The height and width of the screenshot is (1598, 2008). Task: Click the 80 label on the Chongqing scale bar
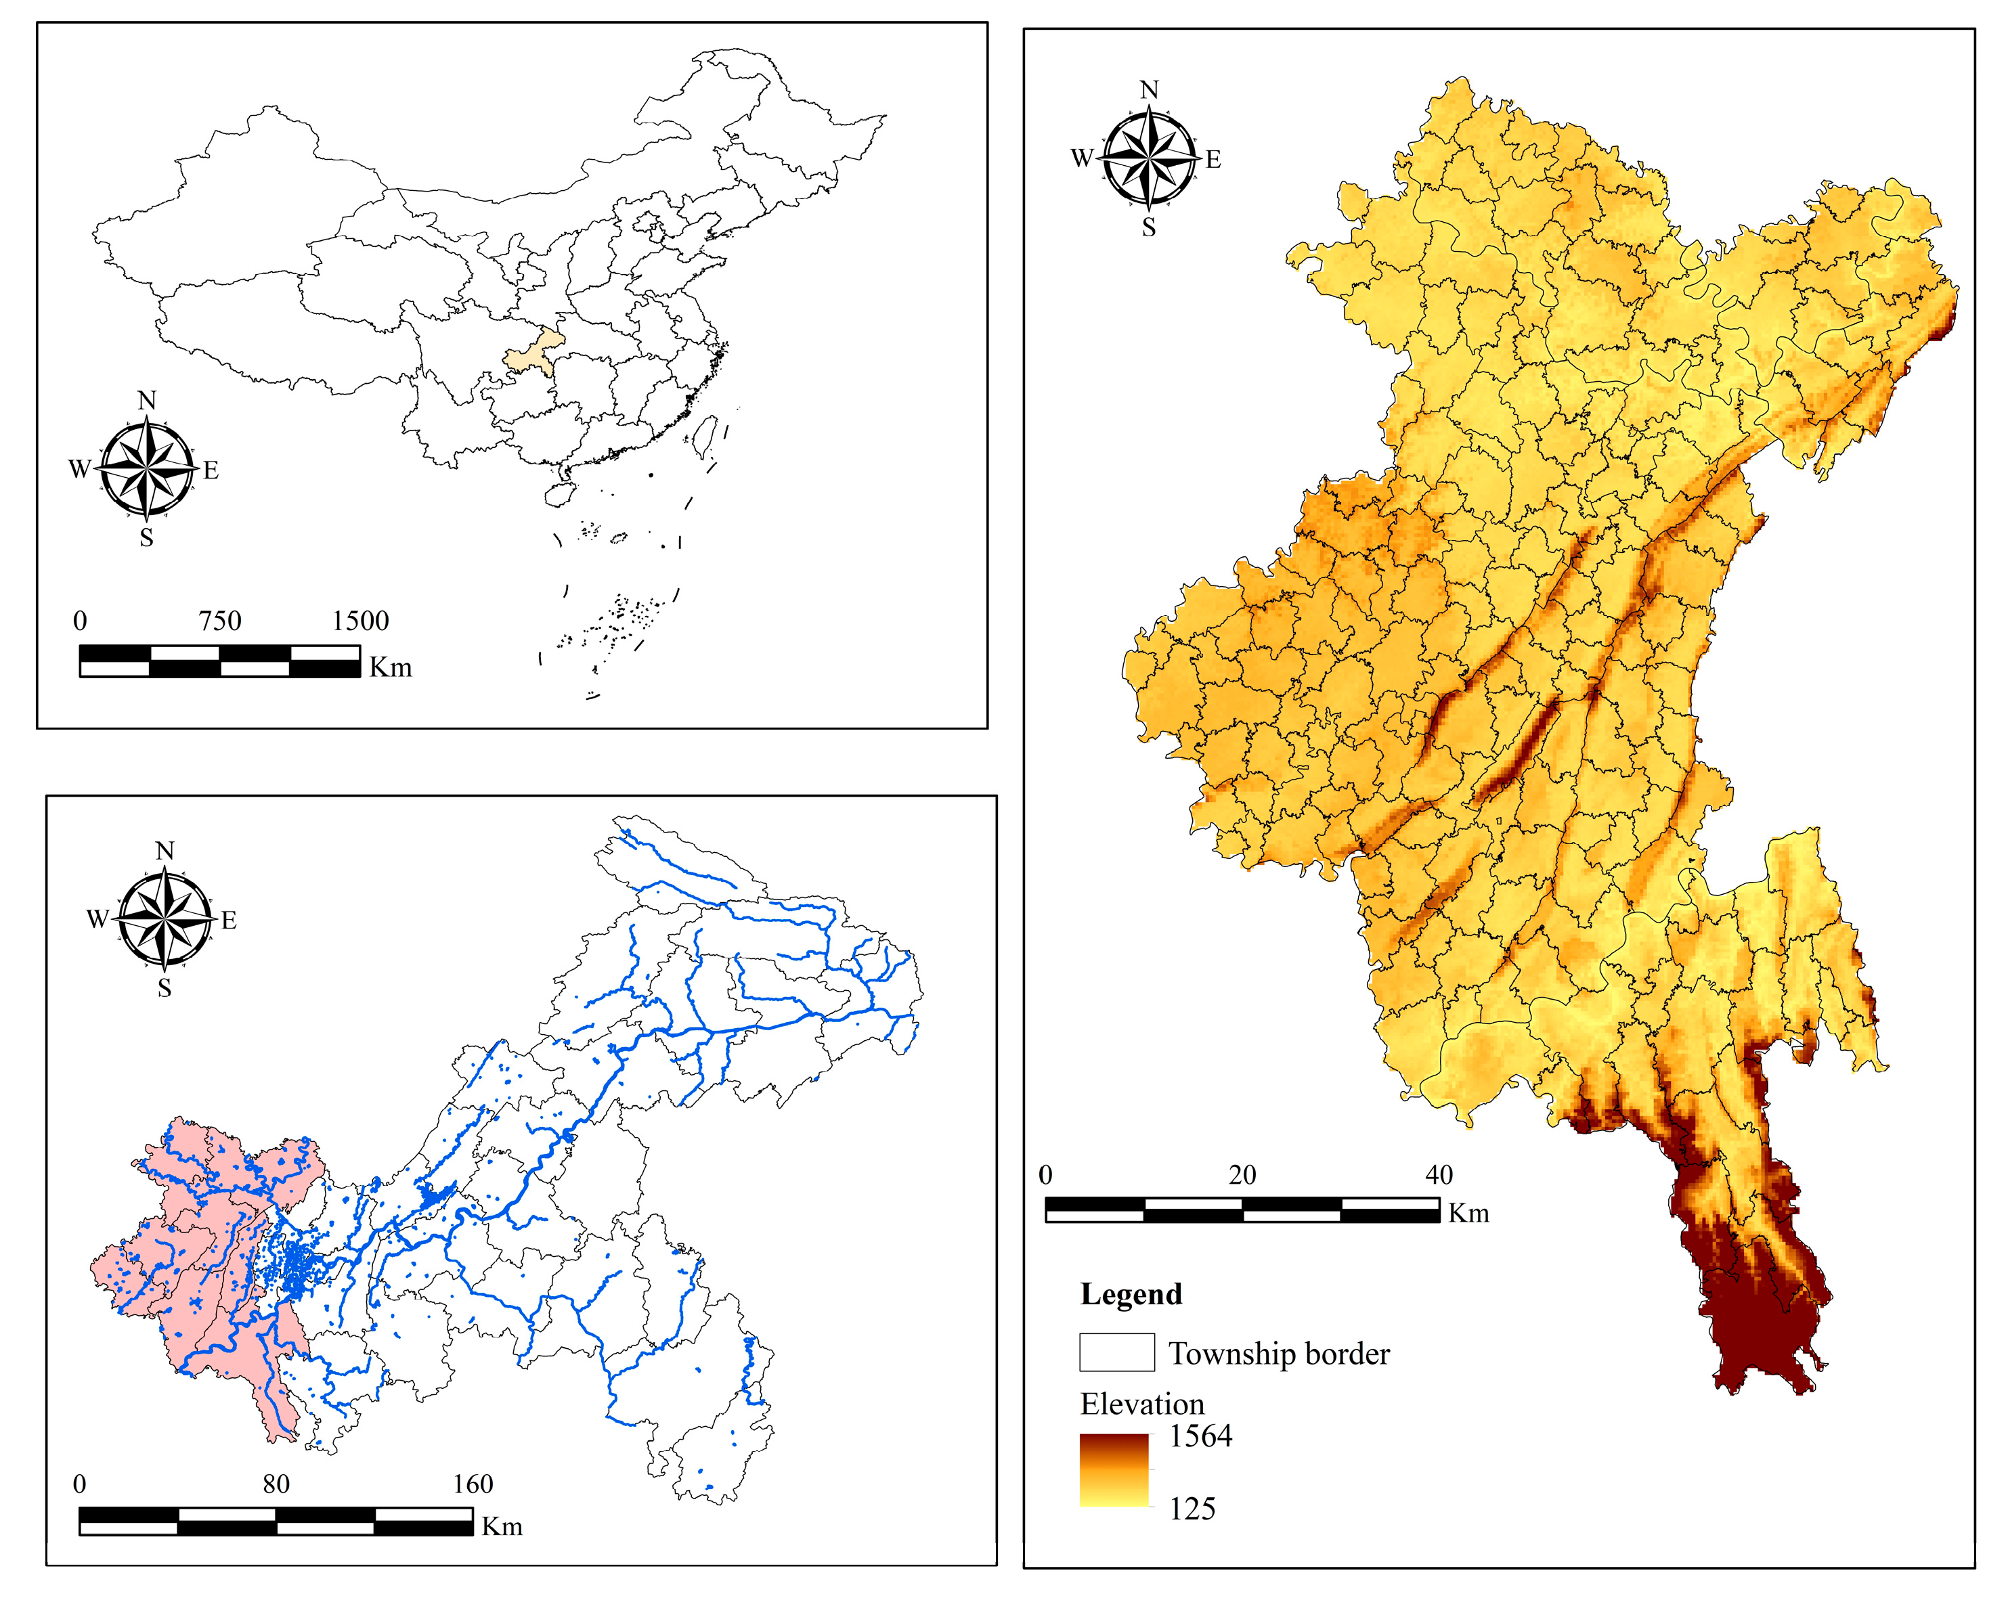pyautogui.click(x=276, y=1484)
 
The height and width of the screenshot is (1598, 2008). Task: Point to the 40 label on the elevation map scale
pyautogui.click(x=1438, y=1174)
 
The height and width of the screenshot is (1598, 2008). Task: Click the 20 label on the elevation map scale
pyautogui.click(x=1242, y=1174)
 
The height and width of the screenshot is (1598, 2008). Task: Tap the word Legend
pyautogui.click(x=1131, y=1293)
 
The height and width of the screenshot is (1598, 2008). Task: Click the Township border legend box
pyautogui.click(x=1116, y=1352)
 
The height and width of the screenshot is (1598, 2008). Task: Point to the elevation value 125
pyautogui.click(x=1192, y=1509)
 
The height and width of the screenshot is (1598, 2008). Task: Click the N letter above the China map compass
pyautogui.click(x=146, y=401)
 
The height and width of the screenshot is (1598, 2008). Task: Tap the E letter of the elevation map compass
pyautogui.click(x=1213, y=159)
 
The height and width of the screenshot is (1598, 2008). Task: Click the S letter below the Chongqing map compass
pyautogui.click(x=165, y=988)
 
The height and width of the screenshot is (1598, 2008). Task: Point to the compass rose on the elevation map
pyautogui.click(x=1150, y=158)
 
